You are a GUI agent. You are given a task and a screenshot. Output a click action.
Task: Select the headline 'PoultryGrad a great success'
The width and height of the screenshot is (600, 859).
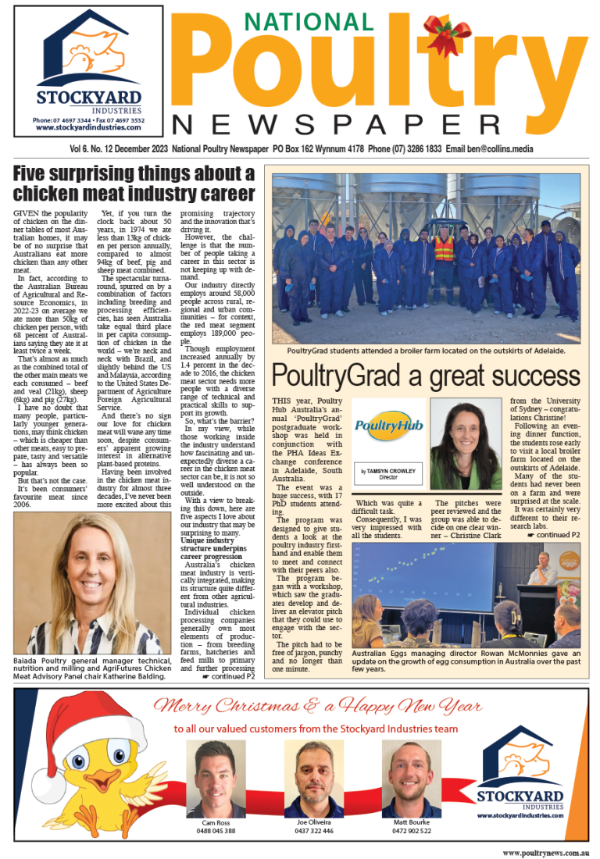pos(427,378)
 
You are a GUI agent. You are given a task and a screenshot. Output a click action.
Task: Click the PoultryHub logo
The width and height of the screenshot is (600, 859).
pos(388,426)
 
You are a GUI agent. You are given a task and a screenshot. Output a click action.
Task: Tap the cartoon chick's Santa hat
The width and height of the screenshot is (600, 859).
pos(73,726)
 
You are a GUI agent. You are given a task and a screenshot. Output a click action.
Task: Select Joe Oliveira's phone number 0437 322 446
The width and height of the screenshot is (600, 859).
pos(313,831)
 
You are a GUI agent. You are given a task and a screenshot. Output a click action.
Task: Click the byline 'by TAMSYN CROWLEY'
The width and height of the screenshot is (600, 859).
pos(387,472)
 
